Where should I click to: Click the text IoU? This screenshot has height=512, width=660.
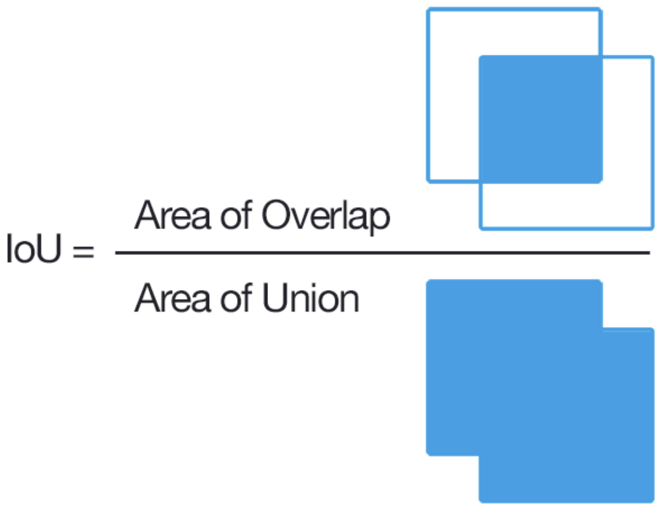click(34, 248)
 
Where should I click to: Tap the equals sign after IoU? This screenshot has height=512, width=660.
click(84, 251)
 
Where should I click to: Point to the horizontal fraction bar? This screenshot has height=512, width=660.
click(382, 253)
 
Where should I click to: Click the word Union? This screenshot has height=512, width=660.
click(311, 297)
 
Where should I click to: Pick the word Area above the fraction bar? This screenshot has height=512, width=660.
click(172, 215)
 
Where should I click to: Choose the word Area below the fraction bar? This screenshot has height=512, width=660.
click(172, 297)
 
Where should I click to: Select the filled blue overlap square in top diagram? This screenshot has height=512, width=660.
click(541, 119)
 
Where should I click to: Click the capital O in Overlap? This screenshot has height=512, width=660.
click(275, 215)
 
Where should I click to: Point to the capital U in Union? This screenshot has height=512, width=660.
click(275, 298)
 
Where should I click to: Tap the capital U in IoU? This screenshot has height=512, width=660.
click(49, 248)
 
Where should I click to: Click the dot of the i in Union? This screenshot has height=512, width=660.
click(315, 285)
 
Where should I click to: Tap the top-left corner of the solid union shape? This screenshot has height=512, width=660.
click(428, 281)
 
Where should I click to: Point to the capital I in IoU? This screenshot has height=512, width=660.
click(9, 248)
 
